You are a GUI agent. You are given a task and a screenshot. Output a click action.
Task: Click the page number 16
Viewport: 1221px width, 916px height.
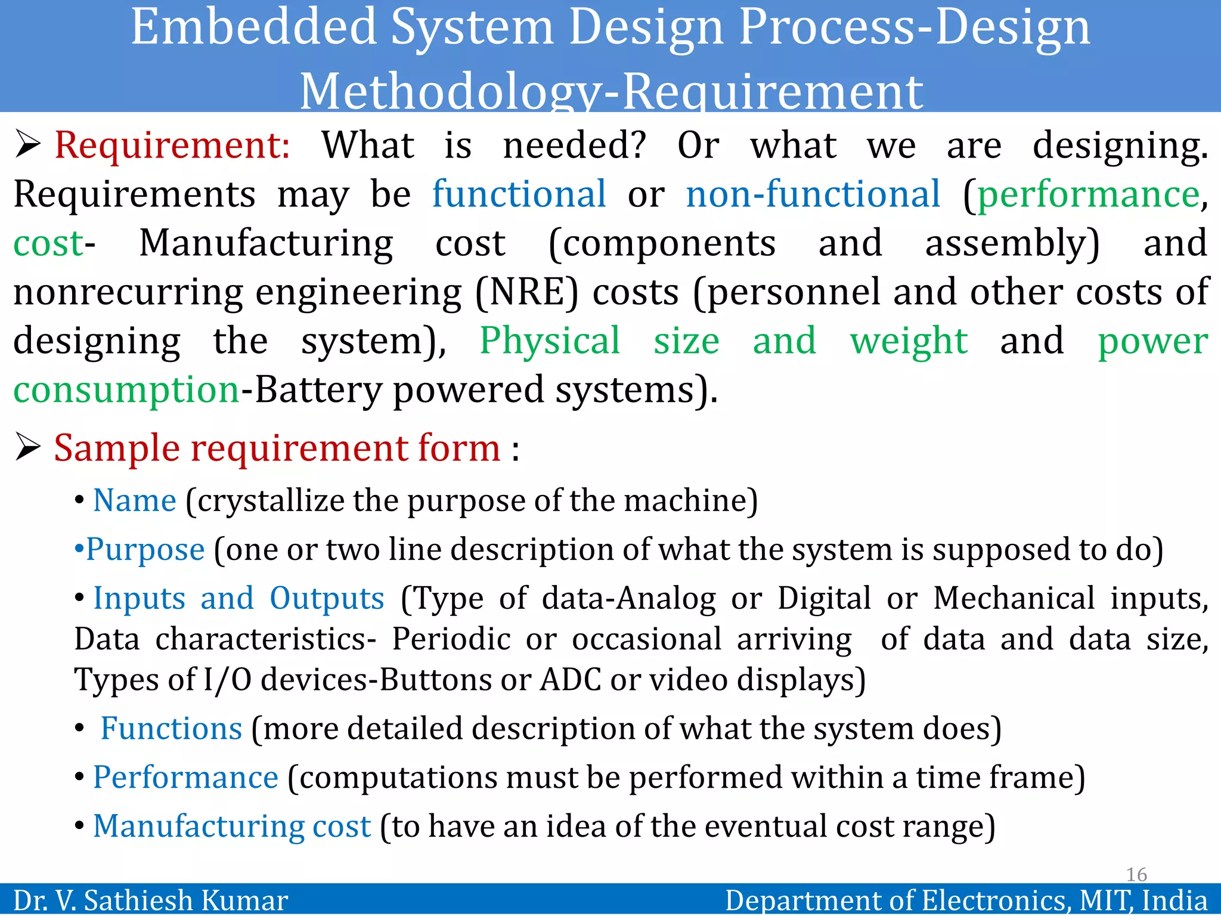click(x=1136, y=874)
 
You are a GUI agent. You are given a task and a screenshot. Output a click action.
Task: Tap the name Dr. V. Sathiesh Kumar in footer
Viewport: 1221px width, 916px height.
click(x=151, y=900)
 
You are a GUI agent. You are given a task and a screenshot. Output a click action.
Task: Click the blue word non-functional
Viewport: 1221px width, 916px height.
click(x=813, y=194)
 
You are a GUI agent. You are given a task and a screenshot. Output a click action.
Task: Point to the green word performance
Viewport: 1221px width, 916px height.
click(x=1088, y=194)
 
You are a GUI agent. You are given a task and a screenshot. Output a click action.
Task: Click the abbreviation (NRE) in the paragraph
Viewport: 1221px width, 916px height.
click(x=526, y=292)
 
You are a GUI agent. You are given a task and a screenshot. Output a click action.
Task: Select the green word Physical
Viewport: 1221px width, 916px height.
click(x=550, y=341)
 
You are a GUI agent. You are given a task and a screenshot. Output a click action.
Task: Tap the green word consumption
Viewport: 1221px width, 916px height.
click(x=126, y=390)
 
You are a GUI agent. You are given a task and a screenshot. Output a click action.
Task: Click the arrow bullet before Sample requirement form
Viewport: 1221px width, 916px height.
click(x=27, y=447)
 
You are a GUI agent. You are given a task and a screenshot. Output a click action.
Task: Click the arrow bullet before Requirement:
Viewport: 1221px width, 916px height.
click(x=27, y=145)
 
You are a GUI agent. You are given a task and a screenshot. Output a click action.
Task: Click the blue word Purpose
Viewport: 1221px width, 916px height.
click(x=145, y=549)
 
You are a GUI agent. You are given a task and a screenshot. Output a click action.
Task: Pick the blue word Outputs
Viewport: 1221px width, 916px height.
click(x=327, y=598)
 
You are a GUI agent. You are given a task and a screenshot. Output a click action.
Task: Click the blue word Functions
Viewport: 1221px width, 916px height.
click(x=171, y=728)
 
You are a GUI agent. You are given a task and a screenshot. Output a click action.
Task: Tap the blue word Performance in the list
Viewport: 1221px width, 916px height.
click(x=185, y=777)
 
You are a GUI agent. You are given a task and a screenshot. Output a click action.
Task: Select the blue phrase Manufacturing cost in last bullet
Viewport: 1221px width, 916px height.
click(x=232, y=826)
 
